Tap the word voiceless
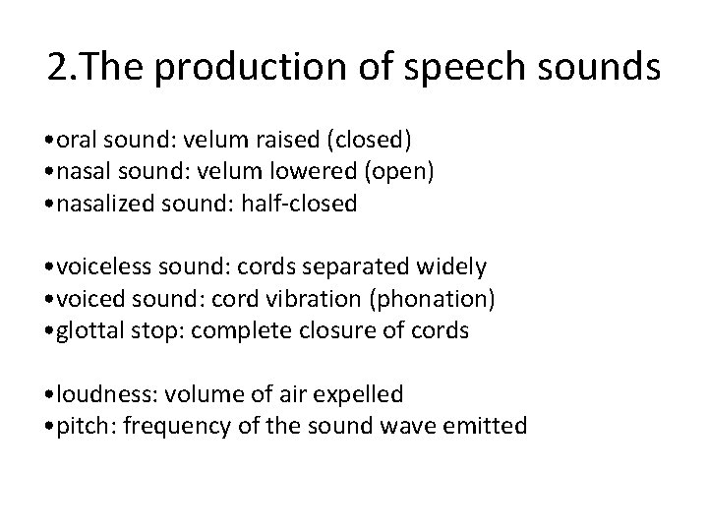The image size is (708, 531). pos(105,266)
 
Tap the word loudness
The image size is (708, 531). pos(101,394)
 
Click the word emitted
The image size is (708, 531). pos(485,427)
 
